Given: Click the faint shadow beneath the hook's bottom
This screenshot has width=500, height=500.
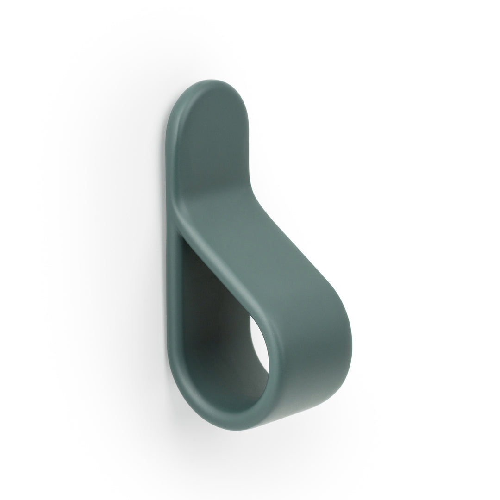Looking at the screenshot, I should [x=241, y=440].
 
